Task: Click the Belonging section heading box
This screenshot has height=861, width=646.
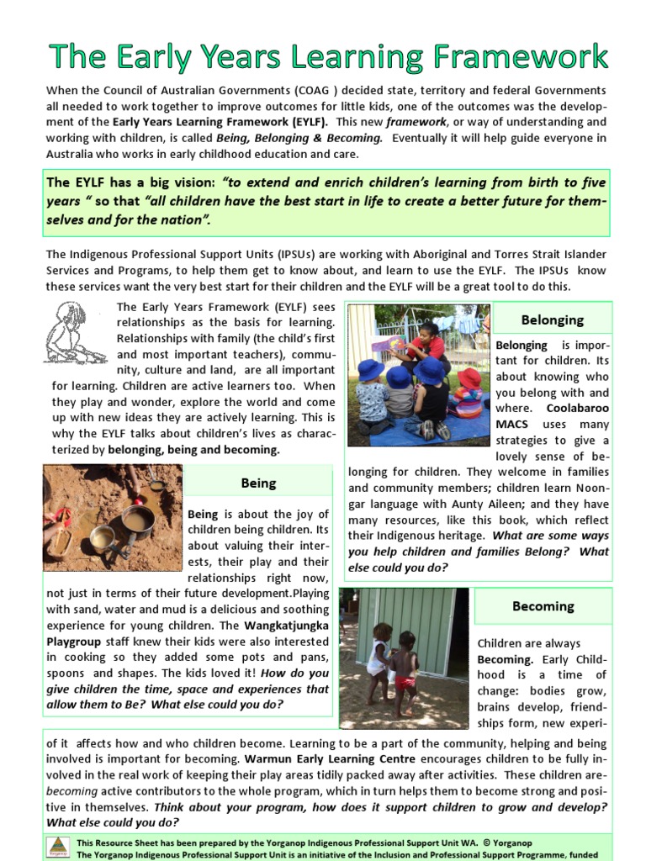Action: pos(552,320)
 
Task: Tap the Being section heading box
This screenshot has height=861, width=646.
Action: pos(257,483)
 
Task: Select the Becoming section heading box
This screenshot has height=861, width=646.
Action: pos(543,606)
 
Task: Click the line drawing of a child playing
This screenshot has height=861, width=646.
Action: pos(74,333)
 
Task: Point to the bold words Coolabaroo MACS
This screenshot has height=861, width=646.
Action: pos(553,416)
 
